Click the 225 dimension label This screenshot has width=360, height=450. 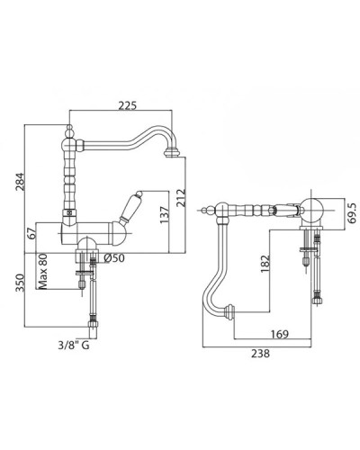tap(127, 105)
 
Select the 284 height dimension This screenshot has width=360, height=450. tap(20, 182)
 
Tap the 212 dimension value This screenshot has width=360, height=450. tap(181, 197)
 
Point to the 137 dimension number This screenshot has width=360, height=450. tap(164, 215)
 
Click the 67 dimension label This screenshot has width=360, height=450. tap(32, 233)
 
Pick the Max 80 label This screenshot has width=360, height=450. tap(42, 272)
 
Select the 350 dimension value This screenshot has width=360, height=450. tap(20, 283)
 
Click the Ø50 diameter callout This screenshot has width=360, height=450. tap(114, 258)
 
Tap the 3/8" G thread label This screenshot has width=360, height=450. tap(74, 346)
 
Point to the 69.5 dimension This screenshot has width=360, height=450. tap(352, 213)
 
